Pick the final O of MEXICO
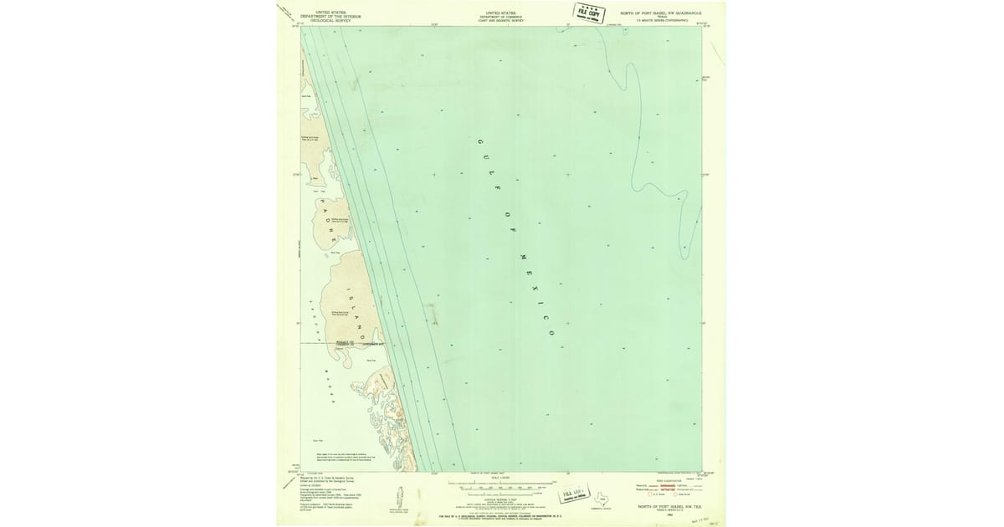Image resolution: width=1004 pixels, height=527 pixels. [553, 333]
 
